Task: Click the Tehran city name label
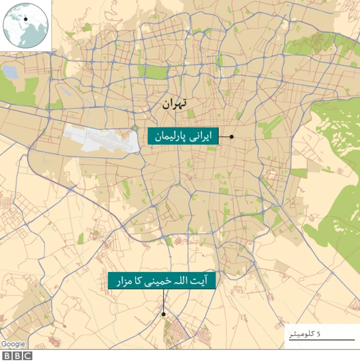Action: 174,104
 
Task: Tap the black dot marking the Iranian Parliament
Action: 231,137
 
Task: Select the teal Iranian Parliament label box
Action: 182,137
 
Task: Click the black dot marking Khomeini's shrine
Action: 164,315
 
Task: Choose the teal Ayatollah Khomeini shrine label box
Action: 162,280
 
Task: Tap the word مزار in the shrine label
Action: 124,280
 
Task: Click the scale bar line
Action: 318,340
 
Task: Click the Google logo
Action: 12,344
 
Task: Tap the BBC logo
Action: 17,356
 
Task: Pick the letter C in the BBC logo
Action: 28,356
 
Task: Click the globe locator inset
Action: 26,26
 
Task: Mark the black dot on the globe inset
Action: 25,19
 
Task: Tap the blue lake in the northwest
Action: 11,72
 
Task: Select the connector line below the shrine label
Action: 163,301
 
